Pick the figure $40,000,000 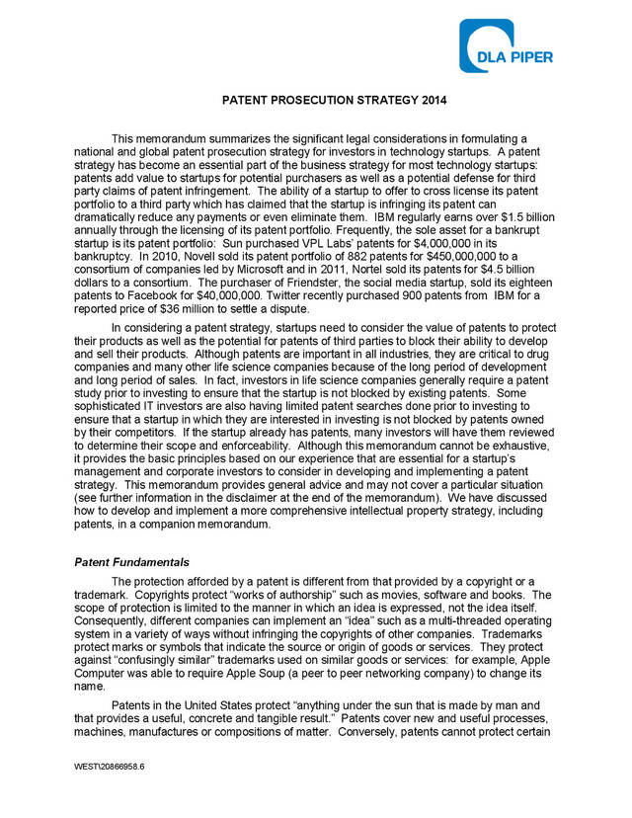(x=228, y=292)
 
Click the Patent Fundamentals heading (x=131, y=561)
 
